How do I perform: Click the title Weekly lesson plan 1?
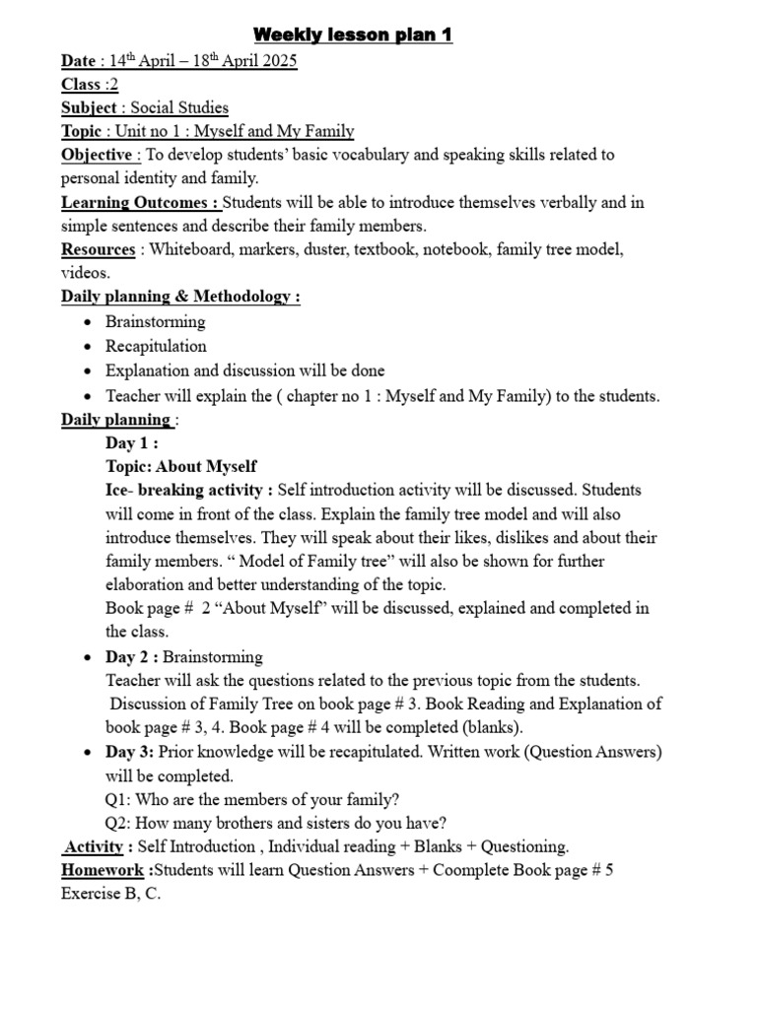(354, 35)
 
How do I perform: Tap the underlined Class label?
(81, 85)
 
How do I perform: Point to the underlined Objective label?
(97, 155)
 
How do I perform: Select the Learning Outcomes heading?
(139, 203)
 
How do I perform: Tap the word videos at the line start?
(85, 273)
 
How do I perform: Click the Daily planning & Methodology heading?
(180, 297)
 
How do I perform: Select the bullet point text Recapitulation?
(156, 346)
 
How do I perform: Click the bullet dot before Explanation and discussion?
(89, 371)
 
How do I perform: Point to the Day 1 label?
(131, 443)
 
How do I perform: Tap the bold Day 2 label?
(131, 656)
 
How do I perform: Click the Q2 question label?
(118, 824)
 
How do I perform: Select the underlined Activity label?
(95, 847)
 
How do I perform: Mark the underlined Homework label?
(104, 871)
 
